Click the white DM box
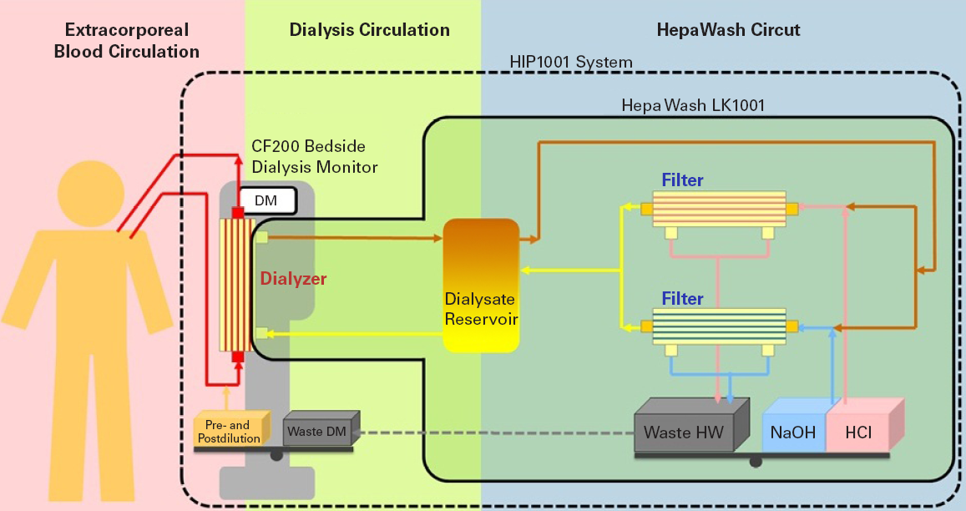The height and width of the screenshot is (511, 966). coord(268,200)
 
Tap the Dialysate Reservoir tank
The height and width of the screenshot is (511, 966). coord(481,284)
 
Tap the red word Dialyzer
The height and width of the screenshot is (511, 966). coord(292,280)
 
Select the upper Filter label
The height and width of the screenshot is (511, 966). coord(682,180)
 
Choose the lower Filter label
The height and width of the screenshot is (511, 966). coord(682,298)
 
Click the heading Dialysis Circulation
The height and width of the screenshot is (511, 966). coord(369,31)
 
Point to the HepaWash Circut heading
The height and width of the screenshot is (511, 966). coord(723,31)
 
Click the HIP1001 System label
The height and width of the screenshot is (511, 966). coord(571,63)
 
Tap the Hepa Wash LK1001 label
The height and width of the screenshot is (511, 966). coord(693,106)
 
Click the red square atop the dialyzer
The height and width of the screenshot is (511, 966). coord(238,213)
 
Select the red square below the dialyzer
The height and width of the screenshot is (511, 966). coord(238,357)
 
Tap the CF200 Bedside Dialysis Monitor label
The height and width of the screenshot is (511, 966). coord(316,157)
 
